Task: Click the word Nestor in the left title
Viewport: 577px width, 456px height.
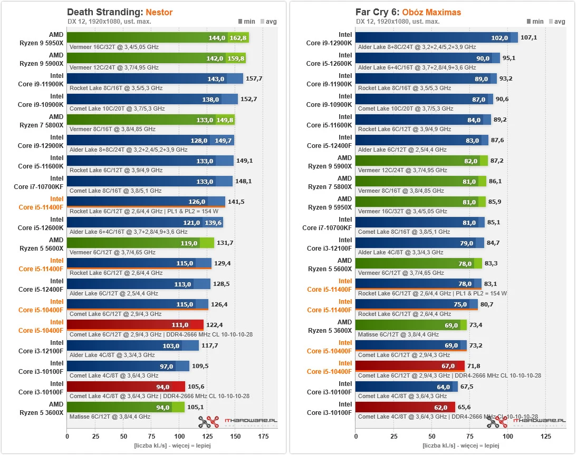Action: coord(159,12)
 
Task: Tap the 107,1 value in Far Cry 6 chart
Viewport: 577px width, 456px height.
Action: coord(528,38)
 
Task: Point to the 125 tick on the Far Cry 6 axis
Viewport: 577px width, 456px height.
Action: coord(546,436)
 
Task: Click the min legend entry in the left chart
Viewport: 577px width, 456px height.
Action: coord(247,22)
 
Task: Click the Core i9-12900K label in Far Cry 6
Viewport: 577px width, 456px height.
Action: coord(329,38)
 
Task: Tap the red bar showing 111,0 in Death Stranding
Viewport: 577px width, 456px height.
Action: coord(135,325)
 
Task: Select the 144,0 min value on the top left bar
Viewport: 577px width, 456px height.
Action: coord(217,38)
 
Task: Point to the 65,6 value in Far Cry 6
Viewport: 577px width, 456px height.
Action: coord(465,407)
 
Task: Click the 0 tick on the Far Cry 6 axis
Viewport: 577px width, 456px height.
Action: coord(355,436)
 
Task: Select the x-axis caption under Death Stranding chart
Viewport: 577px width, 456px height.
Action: coord(172,446)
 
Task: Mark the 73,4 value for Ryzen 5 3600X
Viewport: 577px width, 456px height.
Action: coord(476,325)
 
